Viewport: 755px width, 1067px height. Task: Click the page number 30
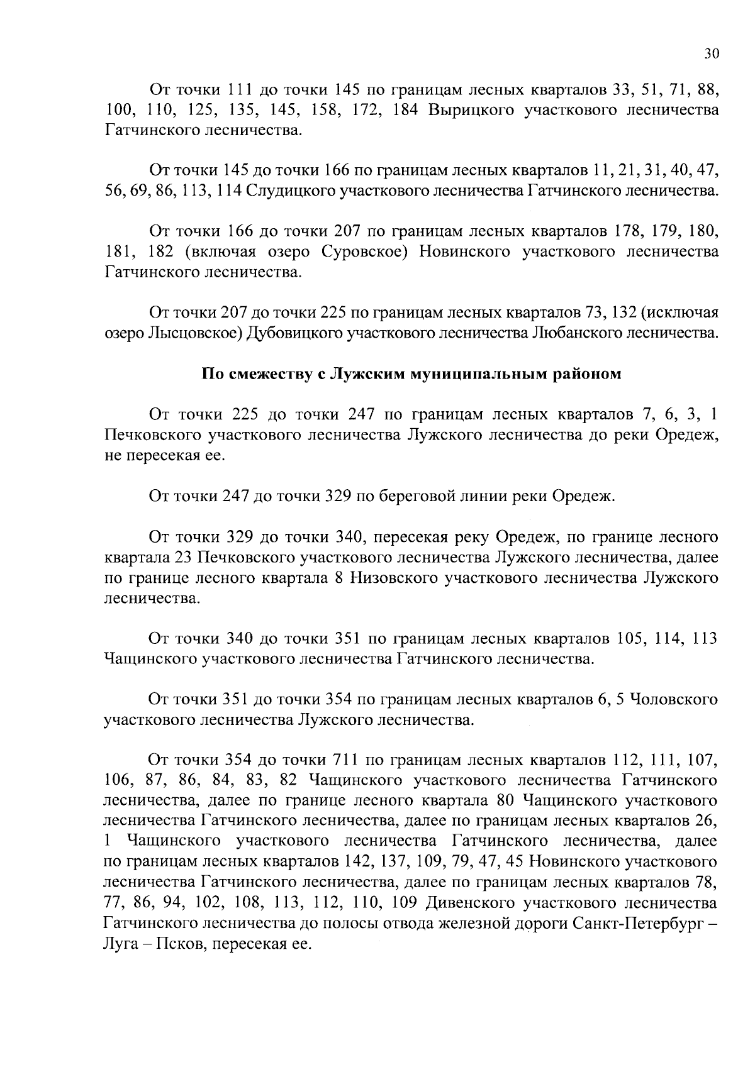pyautogui.click(x=711, y=54)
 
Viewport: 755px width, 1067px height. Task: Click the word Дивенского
pyautogui.click(x=467, y=904)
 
